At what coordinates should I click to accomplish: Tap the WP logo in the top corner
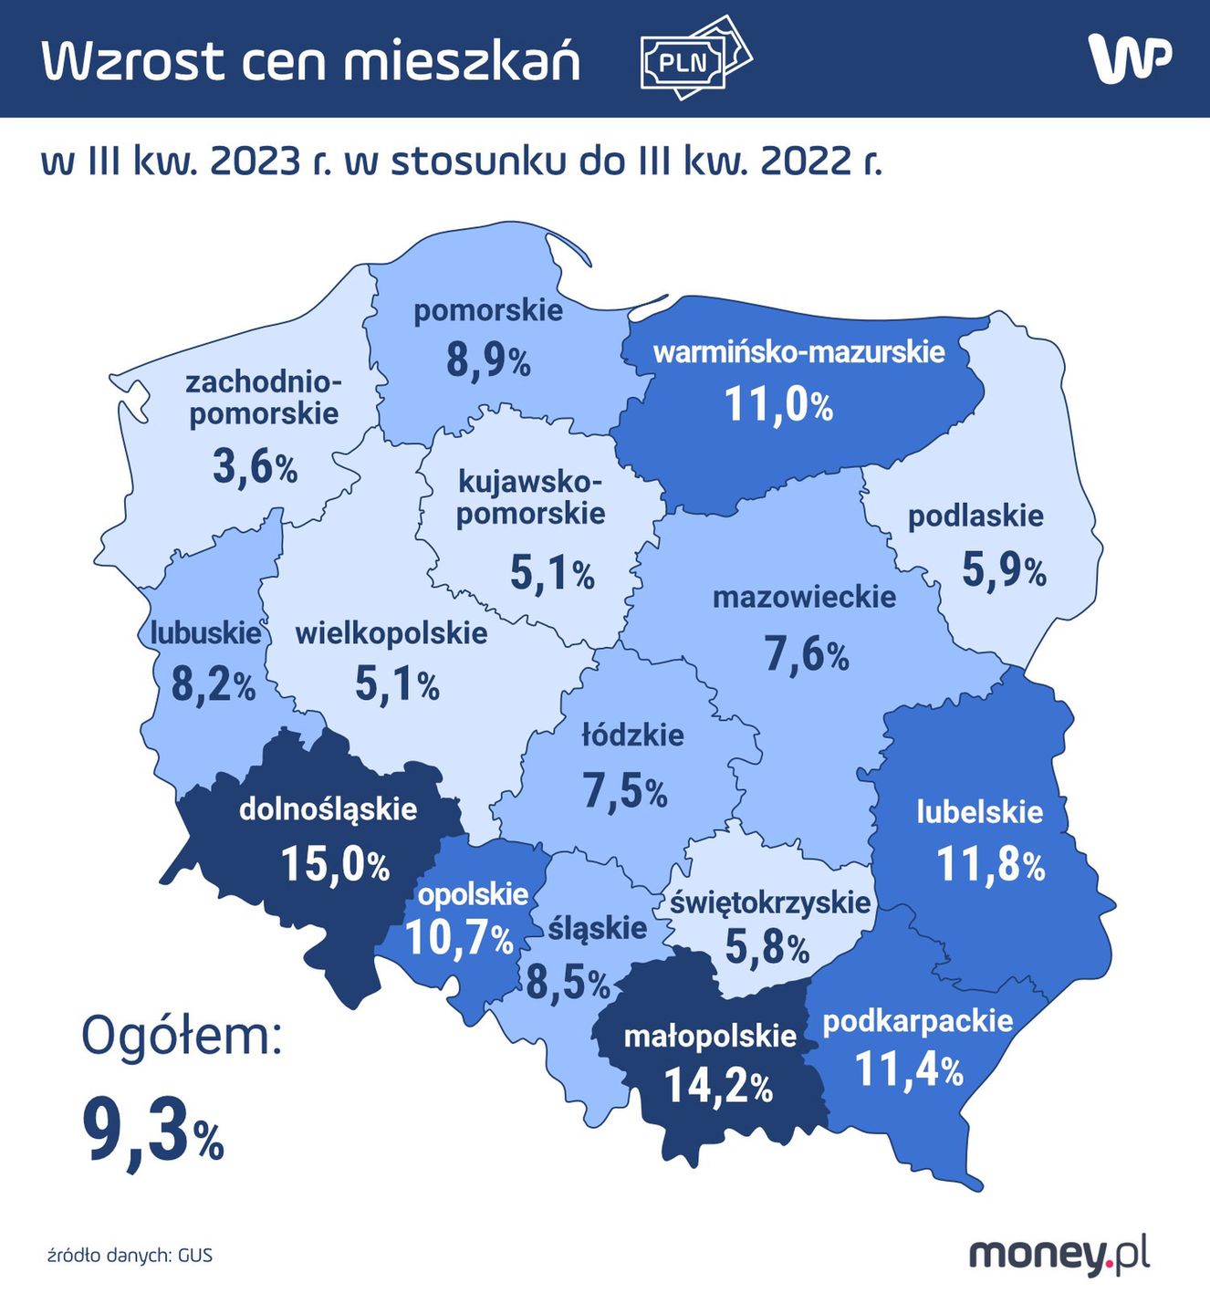pyautogui.click(x=1129, y=59)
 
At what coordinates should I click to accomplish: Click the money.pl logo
pyautogui.click(x=1059, y=1255)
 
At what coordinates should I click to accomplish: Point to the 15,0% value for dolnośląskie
pyautogui.click(x=335, y=863)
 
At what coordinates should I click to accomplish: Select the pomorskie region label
pyautogui.click(x=488, y=310)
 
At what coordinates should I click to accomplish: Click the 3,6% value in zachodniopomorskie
pyautogui.click(x=256, y=467)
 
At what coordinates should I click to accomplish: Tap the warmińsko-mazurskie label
pyautogui.click(x=799, y=352)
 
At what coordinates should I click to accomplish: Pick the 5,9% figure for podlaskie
pyautogui.click(x=1004, y=570)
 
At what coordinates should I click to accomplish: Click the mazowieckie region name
pyautogui.click(x=804, y=598)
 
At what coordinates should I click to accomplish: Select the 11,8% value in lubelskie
pyautogui.click(x=991, y=865)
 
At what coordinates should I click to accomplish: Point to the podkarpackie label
pyautogui.click(x=918, y=1020)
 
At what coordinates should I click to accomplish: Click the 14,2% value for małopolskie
pyautogui.click(x=718, y=1086)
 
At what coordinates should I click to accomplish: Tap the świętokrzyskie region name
pyautogui.click(x=770, y=902)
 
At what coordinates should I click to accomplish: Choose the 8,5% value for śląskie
pyautogui.click(x=568, y=983)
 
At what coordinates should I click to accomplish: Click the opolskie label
pyautogui.click(x=473, y=894)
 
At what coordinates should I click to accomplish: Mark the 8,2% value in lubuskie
pyautogui.click(x=214, y=684)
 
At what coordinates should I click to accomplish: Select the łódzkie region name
pyautogui.click(x=632, y=735)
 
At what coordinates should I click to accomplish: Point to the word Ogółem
pyautogui.click(x=182, y=1037)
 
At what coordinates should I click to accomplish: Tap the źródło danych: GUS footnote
pyautogui.click(x=130, y=1256)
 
